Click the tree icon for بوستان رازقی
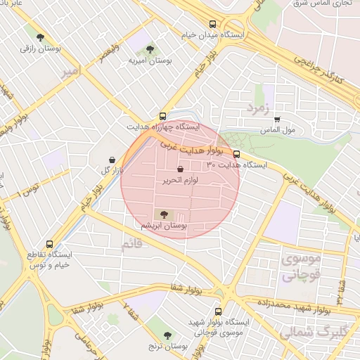[x=39, y=37]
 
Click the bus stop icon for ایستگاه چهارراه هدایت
[x=163, y=116]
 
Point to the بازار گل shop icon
[x=114, y=160]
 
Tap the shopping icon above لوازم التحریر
[x=181, y=169]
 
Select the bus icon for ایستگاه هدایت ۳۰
[x=236, y=153]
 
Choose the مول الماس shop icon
[x=277, y=120]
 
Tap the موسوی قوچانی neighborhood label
[x=301, y=267]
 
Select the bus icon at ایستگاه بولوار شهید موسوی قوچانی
[x=217, y=310]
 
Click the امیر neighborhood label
[x=68, y=72]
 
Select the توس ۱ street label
[x=29, y=188]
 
